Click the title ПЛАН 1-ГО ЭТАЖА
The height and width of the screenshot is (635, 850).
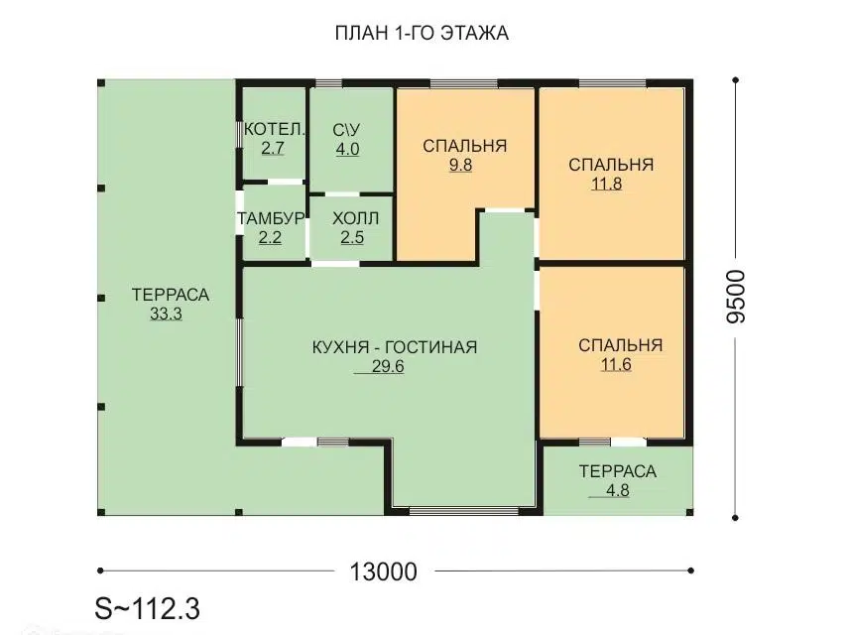click(422, 33)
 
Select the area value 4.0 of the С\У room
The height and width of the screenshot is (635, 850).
click(347, 149)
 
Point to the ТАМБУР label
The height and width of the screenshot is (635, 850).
click(270, 218)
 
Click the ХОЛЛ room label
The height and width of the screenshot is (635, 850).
click(355, 218)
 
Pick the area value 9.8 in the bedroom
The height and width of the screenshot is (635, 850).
click(460, 165)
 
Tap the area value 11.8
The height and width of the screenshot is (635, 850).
click(607, 184)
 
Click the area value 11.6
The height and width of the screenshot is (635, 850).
click(616, 364)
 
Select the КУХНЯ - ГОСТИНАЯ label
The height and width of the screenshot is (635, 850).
click(395, 347)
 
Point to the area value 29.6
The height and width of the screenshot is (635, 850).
click(388, 366)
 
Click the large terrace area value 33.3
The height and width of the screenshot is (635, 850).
click(166, 314)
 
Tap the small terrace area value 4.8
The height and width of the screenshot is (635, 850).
click(618, 490)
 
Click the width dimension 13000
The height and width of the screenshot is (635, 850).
click(383, 571)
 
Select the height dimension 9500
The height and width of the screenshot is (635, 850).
click(736, 297)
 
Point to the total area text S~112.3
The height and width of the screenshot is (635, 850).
click(148, 608)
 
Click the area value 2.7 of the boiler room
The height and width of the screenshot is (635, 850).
click(273, 148)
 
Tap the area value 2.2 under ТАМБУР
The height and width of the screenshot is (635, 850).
click(270, 237)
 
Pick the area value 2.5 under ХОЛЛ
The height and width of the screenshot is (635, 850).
click(352, 237)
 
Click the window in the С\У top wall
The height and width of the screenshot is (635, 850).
click(329, 83)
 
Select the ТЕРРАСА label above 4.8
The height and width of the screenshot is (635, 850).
click(618, 471)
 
